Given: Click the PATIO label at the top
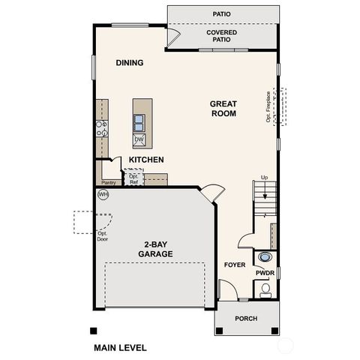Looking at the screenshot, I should tap(221, 13).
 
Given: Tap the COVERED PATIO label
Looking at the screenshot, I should tap(221, 37).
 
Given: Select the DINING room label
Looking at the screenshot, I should tap(129, 63).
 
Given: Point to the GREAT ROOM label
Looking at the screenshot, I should tap(223, 109).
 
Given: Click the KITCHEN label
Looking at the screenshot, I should tap(146, 160).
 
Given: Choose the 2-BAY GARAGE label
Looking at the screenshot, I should tap(155, 249).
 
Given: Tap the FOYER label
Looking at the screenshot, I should tap(235, 265).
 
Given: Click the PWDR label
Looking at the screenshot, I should tap(265, 274).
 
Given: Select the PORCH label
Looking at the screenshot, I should tap(245, 319).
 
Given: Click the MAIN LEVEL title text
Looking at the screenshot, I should tap(120, 348).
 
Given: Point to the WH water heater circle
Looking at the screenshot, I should tap(103, 194).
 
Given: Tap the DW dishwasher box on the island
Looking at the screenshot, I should tap(139, 139).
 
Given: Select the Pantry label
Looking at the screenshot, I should tap(109, 181).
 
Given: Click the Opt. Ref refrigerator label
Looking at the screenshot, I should tap(134, 178).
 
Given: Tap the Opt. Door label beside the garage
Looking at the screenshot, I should tap(103, 235).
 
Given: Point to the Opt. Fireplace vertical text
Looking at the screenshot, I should tap(268, 106).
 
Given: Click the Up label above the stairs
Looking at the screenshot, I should tap(264, 177).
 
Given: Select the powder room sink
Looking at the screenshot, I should tap(265, 257).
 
